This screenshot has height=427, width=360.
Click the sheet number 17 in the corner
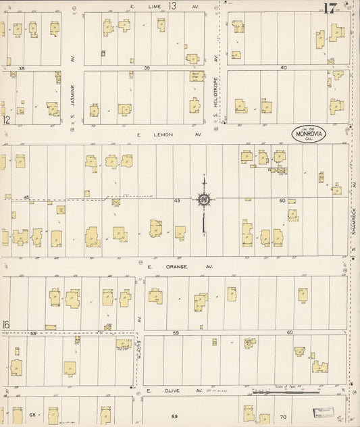(x=330, y=8)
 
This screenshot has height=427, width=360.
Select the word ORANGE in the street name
(x=179, y=267)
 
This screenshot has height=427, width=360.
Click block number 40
(x=284, y=68)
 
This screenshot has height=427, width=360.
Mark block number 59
(x=176, y=333)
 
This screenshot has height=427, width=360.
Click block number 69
(x=174, y=416)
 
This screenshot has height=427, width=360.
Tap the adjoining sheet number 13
(x=173, y=5)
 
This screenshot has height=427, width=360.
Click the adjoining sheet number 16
(x=5, y=326)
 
